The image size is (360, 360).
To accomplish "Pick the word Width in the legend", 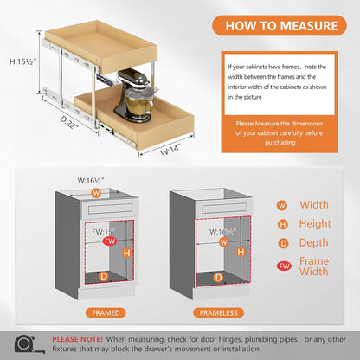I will point(312,205).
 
